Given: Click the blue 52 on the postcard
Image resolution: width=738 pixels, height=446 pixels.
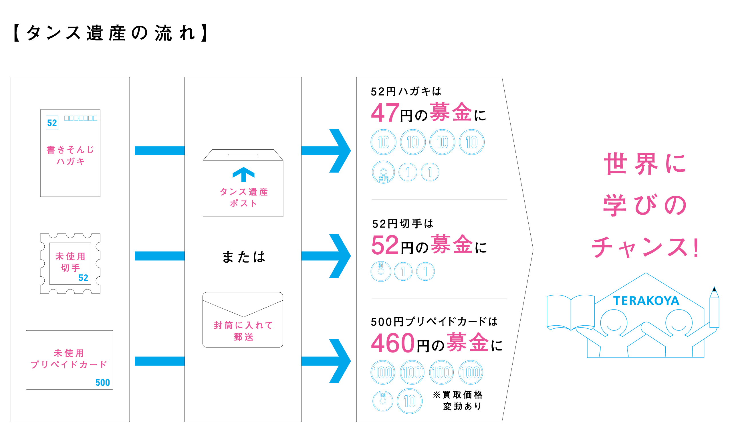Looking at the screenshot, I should pos(52,123).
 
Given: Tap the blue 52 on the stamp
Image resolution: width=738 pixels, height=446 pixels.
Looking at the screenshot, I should pos(83,278).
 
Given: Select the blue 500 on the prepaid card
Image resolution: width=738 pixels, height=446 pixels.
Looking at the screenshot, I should pos(102,382).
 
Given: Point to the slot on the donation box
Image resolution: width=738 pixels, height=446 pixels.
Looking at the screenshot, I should pos(243,155).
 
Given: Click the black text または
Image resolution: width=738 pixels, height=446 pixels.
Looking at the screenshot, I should pos(243,257).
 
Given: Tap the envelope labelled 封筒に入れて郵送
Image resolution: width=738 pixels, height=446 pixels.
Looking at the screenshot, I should pos(243,320).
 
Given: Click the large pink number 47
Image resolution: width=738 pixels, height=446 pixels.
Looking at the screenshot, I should pos(385,113).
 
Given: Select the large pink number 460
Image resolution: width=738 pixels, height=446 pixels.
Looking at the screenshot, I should pos(393,343).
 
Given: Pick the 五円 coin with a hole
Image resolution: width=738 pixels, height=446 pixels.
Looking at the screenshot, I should pos(383,172).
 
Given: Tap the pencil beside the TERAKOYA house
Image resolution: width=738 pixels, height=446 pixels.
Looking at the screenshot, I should pos(714,308).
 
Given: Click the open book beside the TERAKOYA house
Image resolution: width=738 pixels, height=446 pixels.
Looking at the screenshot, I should pos(570,312).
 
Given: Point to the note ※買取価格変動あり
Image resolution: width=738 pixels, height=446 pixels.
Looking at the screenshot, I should pos(458,400).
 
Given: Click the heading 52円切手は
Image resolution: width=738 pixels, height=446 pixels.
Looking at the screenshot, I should pos(402,224).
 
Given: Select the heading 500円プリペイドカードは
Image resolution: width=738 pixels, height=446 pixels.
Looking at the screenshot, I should pos(434,322).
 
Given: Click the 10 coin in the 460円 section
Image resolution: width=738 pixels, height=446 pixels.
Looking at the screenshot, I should pos(409,401).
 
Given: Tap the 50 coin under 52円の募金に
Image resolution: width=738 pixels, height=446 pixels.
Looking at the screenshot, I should pos(381,271).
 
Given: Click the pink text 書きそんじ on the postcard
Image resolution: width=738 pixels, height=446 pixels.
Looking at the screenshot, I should pos(70,149).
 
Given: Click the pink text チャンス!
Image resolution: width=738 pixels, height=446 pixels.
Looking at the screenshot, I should pos(645,247).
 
